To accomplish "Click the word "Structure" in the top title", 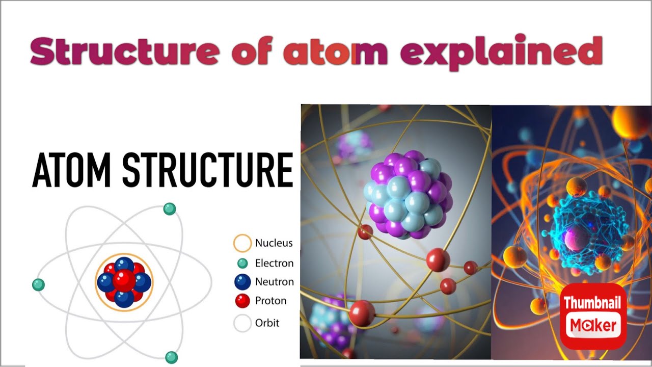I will [x=125, y=51].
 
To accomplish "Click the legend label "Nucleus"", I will [x=274, y=243].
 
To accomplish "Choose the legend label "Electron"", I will [x=274, y=264].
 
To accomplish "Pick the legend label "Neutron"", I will [x=275, y=282].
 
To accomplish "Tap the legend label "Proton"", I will [x=270, y=301].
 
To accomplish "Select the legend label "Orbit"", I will [x=267, y=323].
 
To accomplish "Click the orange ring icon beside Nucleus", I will [x=242, y=243].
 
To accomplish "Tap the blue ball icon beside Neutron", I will [x=242, y=282].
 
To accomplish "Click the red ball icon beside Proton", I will [x=242, y=301].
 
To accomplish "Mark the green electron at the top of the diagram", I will [x=170, y=209].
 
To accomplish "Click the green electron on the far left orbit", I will [x=38, y=285].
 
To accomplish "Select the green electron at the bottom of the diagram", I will [x=172, y=357].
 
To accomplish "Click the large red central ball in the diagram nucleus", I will [x=124, y=281].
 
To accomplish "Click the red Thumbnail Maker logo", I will [x=593, y=316].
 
